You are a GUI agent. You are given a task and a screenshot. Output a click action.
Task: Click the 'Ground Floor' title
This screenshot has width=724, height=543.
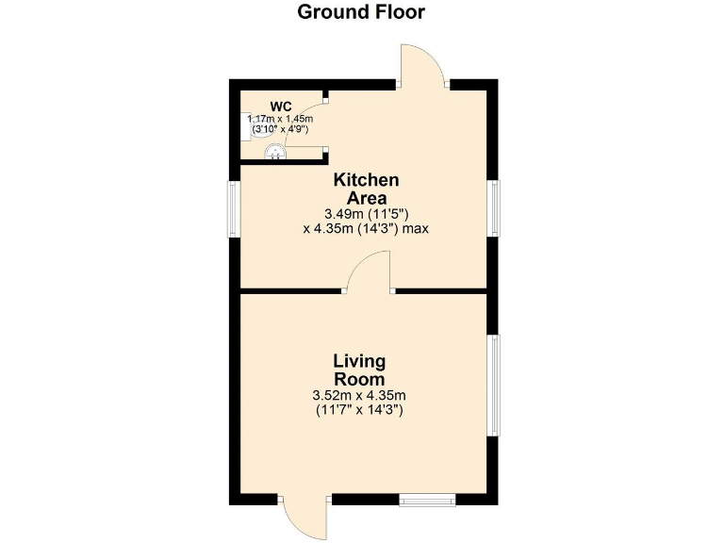click(x=361, y=12)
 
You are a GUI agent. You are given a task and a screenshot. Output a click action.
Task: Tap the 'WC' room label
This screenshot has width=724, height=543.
click(x=281, y=106)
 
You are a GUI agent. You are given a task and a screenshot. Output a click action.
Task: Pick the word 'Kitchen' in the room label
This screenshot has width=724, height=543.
click(x=366, y=179)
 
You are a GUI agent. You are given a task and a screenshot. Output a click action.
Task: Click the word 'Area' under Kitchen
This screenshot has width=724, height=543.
click(x=366, y=197)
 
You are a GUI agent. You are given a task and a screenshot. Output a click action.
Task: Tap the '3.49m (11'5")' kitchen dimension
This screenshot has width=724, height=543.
click(x=366, y=214)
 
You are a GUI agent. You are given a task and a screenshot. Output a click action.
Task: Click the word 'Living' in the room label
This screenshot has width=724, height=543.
click(x=359, y=361)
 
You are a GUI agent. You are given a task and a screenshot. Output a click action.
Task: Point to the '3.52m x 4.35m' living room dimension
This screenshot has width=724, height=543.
click(x=359, y=395)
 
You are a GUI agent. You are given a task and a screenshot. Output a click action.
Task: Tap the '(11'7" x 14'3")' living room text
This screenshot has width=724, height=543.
click(x=359, y=410)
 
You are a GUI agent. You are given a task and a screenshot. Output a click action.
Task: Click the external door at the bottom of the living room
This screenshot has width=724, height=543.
click(x=304, y=517)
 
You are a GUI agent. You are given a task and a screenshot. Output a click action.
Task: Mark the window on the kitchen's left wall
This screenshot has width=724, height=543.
click(x=234, y=208)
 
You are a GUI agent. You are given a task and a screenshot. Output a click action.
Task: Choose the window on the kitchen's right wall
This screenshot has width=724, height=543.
click(x=493, y=208)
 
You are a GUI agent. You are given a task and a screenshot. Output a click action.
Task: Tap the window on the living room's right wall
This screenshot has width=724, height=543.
click(x=493, y=385)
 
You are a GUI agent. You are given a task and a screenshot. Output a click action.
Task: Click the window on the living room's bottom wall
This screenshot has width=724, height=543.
click(x=426, y=500)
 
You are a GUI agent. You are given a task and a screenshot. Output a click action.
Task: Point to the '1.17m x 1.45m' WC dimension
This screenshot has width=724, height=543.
click(x=280, y=119)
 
